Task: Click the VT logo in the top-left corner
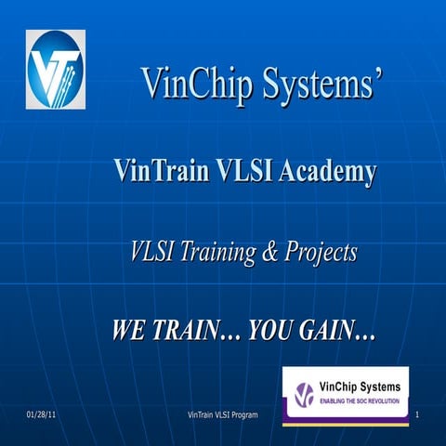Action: pyautogui.click(x=56, y=70)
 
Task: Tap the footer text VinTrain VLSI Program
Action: pyautogui.click(x=223, y=413)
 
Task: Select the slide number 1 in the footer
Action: pyautogui.click(x=419, y=413)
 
